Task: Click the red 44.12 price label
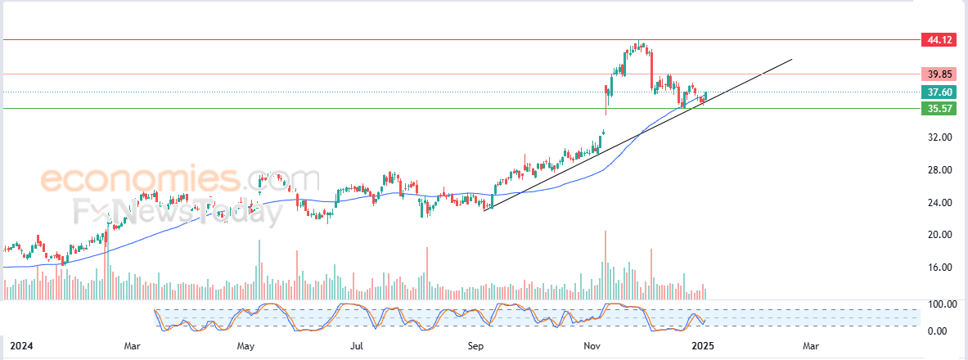tap(936, 39)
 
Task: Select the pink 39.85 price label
tap(936, 74)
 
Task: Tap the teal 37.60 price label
tap(936, 92)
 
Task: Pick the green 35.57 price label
tap(936, 108)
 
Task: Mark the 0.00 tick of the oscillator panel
tap(937, 331)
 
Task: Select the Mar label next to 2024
tap(133, 347)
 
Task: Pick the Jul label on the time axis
tap(357, 347)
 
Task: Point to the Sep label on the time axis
tap(475, 347)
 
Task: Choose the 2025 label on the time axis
tap(703, 347)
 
